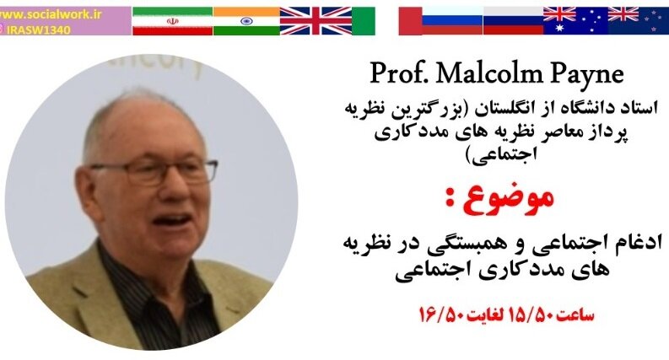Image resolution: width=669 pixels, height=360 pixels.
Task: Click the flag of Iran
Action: click(172, 21)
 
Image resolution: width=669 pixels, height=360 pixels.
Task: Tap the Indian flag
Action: click(245, 21)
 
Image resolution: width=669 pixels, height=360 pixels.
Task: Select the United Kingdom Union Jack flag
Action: click(316, 21)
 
